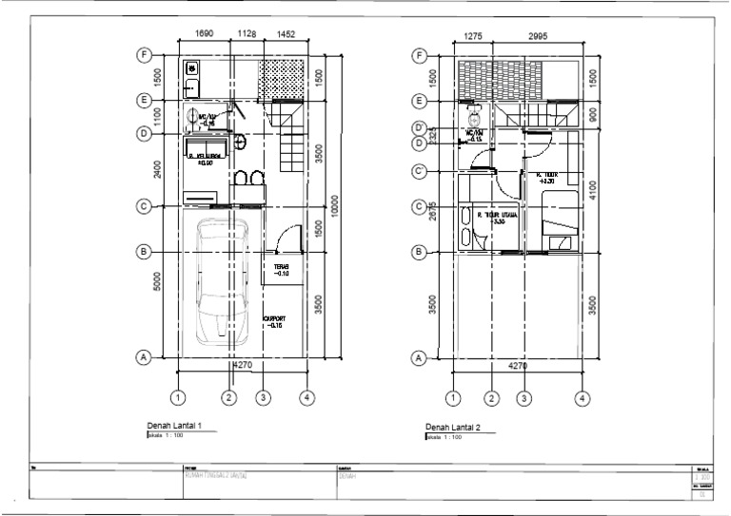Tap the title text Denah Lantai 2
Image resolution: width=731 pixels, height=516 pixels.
(x=453, y=428)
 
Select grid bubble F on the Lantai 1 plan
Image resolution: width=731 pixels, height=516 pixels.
(x=144, y=55)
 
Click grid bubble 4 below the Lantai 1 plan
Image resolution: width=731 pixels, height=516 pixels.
(x=306, y=397)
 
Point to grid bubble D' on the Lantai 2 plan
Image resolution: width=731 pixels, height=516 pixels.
(x=419, y=127)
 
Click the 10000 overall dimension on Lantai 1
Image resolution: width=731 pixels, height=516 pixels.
(x=333, y=204)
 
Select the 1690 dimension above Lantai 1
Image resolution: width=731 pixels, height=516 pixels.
(x=204, y=33)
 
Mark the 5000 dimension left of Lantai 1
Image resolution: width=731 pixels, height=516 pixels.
(x=156, y=282)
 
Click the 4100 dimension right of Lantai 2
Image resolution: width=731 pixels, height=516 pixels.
(x=593, y=189)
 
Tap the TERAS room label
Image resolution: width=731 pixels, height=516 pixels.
(x=281, y=270)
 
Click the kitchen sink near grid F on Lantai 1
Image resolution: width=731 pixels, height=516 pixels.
(x=191, y=68)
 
